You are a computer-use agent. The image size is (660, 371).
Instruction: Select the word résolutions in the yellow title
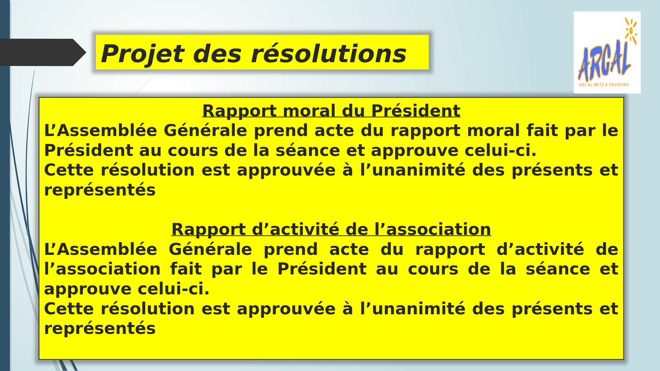[x=329, y=54]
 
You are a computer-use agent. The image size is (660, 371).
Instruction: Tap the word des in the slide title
[x=218, y=54]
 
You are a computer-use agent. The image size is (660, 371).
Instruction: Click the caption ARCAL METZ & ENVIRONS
[x=604, y=85]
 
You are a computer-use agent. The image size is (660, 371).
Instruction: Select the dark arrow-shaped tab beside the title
[x=43, y=52]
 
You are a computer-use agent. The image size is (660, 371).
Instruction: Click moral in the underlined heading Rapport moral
[x=309, y=111]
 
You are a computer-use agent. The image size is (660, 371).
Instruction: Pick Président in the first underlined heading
[x=416, y=111]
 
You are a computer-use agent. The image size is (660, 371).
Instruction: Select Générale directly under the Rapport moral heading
[x=205, y=131]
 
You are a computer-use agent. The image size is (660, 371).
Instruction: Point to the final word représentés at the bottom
[x=100, y=329]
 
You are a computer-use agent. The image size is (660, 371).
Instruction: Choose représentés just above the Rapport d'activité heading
[x=100, y=190]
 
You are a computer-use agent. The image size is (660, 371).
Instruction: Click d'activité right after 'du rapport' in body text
[x=540, y=249]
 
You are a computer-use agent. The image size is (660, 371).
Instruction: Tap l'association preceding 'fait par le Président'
[x=102, y=269]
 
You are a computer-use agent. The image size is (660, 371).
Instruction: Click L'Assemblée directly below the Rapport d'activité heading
[x=101, y=249]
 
